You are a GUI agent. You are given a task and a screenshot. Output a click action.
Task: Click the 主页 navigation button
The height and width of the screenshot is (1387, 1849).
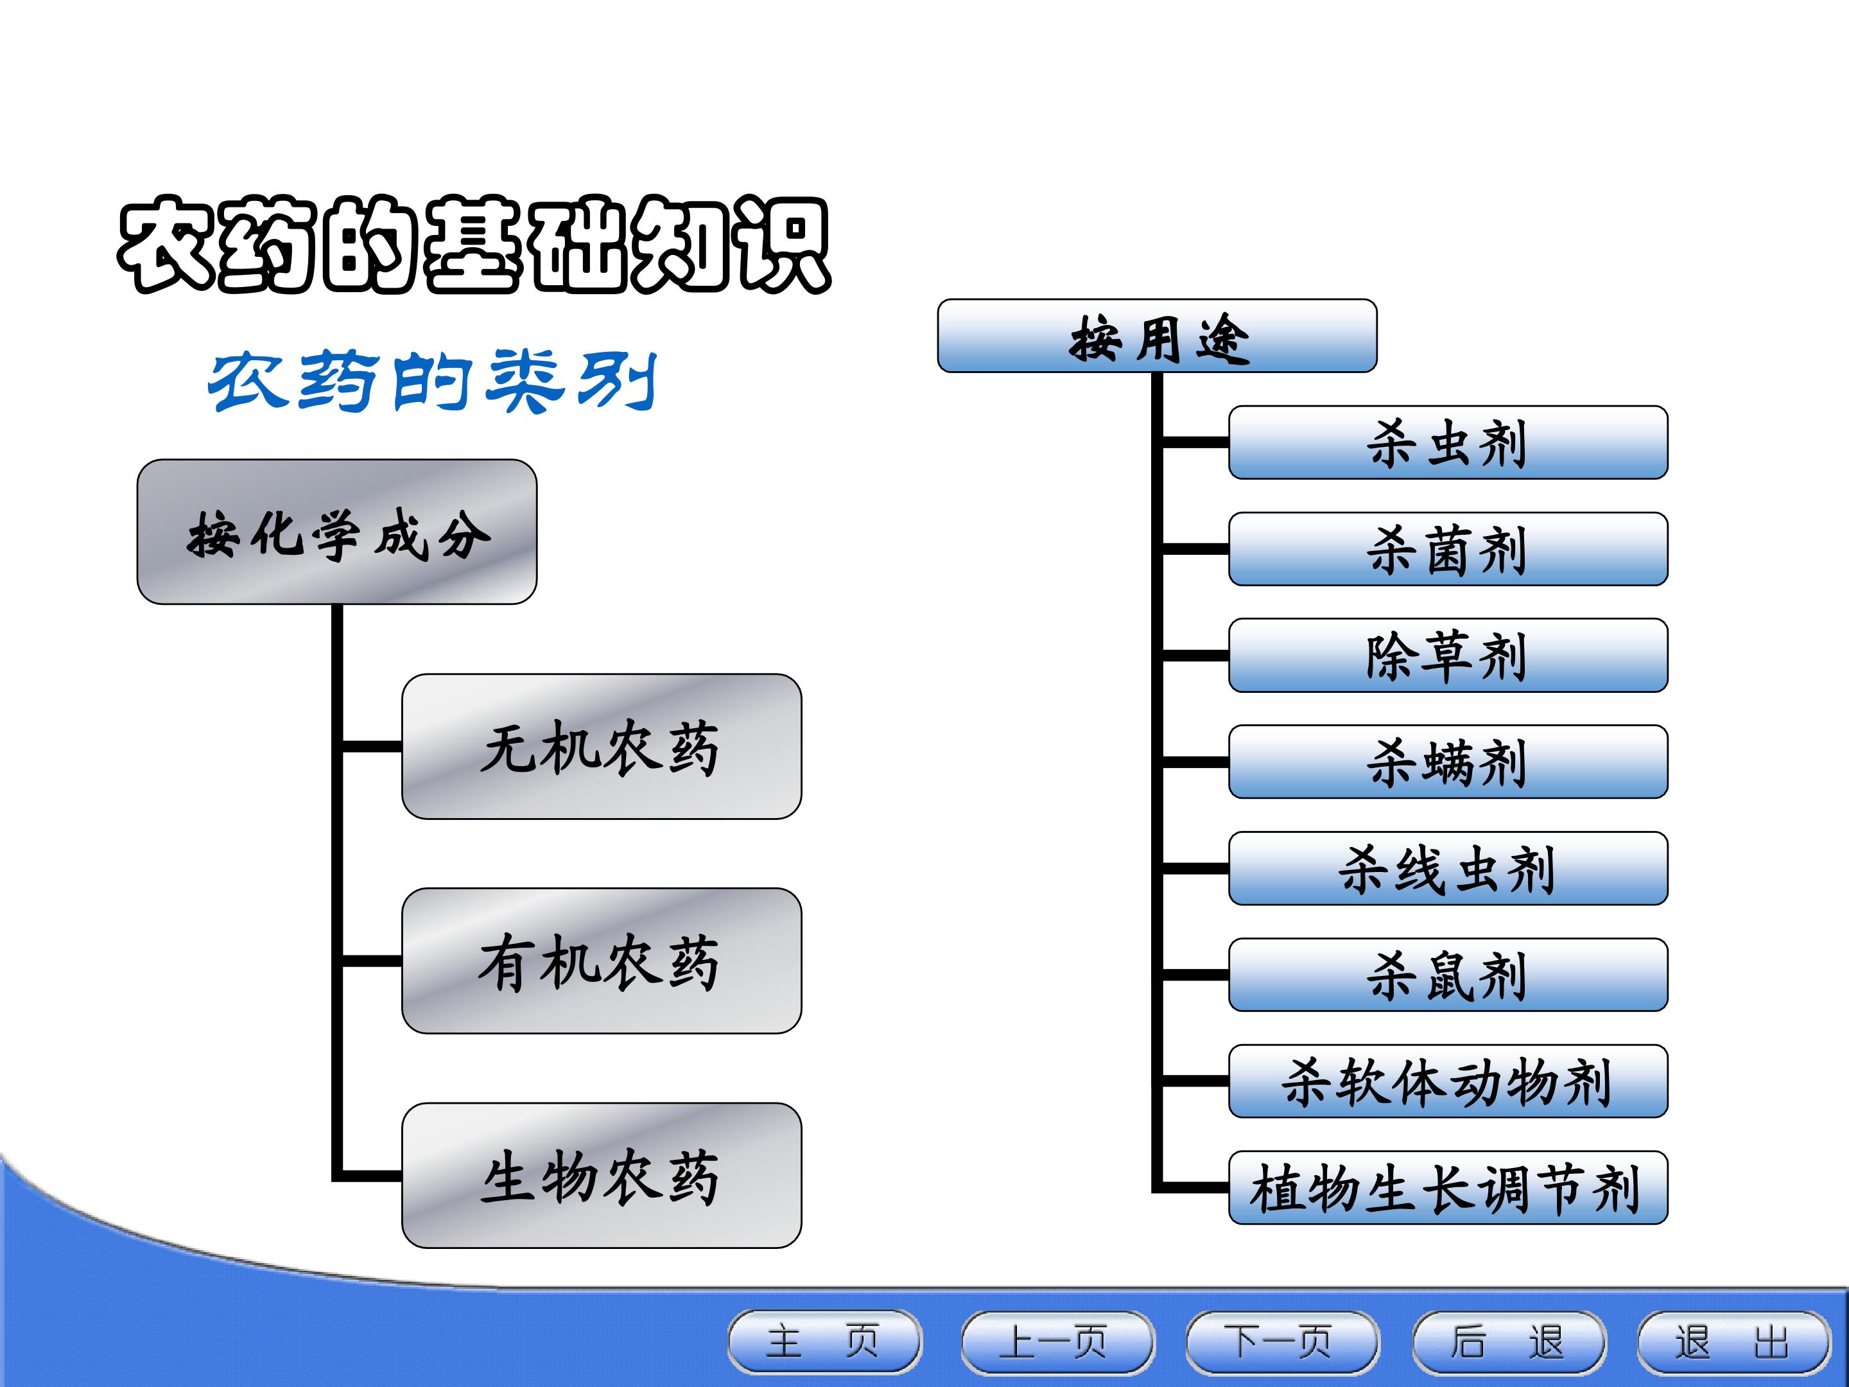point(825,1342)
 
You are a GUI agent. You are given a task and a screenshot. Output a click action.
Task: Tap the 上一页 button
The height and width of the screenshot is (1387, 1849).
point(1058,1342)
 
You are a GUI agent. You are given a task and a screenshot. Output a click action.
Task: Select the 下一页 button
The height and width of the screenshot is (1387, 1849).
point(1282,1342)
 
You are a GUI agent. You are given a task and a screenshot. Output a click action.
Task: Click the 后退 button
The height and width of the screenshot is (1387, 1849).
point(1509,1342)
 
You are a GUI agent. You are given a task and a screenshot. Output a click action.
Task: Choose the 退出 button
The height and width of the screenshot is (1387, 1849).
point(1733,1342)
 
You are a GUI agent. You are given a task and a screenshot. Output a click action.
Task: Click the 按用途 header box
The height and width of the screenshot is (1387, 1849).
point(1157,336)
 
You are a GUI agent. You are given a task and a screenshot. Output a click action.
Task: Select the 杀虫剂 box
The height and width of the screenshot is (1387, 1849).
point(1448,442)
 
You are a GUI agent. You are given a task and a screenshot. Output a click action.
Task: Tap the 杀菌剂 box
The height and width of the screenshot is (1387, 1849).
point(1448,549)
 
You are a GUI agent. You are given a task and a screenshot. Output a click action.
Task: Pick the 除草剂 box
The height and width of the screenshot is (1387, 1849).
point(1448,656)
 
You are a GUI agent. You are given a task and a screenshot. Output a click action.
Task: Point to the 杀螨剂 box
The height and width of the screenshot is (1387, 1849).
point(1448,762)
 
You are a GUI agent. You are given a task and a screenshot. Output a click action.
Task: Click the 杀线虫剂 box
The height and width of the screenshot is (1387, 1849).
point(1448,869)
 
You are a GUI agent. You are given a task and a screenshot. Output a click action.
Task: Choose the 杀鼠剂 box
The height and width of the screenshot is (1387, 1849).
point(1448,975)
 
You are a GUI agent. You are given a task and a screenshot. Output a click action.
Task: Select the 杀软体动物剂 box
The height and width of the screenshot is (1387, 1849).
point(1448,1081)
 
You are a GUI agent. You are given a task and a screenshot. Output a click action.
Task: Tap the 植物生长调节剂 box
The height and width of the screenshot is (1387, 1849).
point(1448,1188)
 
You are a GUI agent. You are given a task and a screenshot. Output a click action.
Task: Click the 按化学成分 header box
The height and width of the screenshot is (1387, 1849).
point(337,532)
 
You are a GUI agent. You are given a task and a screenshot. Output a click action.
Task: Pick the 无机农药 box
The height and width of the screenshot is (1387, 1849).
point(602,747)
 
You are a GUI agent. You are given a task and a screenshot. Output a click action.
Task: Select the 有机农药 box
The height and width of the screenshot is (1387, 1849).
point(602,961)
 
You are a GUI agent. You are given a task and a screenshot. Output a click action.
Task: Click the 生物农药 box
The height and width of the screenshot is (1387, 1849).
point(602,1176)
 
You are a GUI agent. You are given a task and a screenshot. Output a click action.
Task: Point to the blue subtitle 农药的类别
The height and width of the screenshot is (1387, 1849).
point(432,381)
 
